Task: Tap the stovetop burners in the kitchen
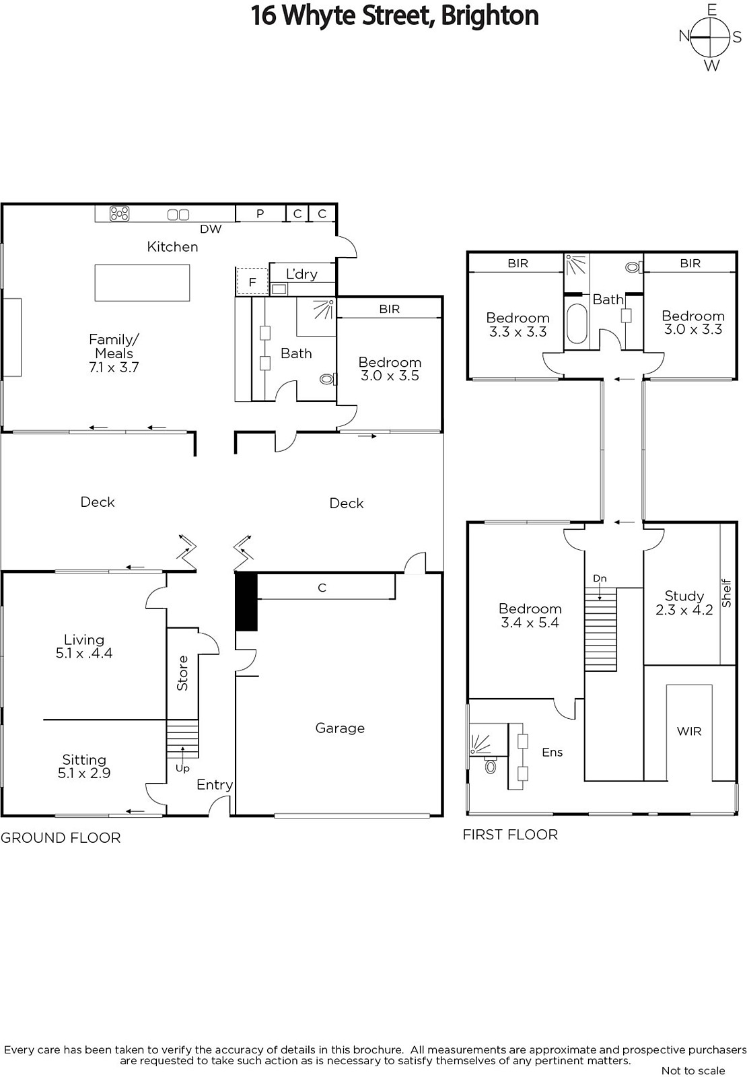point(119,213)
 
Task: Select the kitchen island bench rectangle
point(142,283)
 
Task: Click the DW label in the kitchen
point(211,229)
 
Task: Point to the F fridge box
point(252,281)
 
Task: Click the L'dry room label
point(301,274)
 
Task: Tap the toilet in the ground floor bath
point(328,379)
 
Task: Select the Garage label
point(340,728)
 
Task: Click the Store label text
point(182,673)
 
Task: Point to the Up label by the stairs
point(182,768)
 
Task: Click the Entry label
point(215,785)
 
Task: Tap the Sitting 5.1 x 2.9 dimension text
point(84,773)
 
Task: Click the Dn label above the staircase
point(600,578)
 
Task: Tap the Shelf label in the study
point(726,593)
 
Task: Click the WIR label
point(689,731)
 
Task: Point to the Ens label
point(552,753)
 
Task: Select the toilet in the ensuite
point(491,765)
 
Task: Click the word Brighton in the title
point(489,15)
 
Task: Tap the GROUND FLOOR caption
point(61,838)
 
